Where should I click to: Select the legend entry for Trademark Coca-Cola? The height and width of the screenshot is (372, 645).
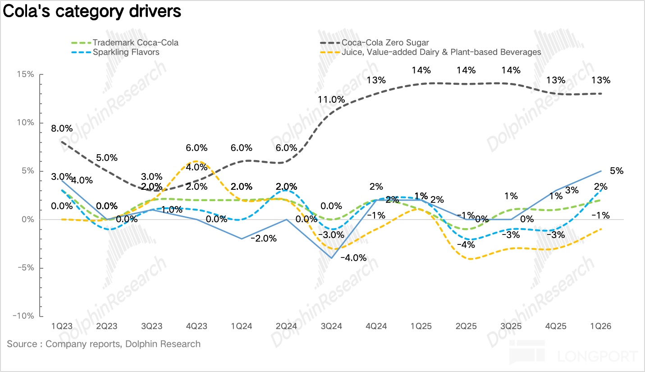click(135, 43)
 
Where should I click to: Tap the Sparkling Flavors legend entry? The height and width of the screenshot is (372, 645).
click(126, 52)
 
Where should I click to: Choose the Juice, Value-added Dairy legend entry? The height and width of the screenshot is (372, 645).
click(441, 52)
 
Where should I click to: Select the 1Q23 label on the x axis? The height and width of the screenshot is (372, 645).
click(61, 326)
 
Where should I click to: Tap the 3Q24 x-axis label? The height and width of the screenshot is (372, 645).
click(331, 326)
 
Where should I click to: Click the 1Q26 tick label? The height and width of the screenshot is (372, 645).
click(601, 326)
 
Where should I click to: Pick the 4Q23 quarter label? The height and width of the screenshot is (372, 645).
click(196, 326)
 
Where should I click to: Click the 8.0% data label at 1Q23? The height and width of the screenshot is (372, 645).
click(62, 128)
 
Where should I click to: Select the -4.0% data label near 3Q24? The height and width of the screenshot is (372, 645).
click(353, 258)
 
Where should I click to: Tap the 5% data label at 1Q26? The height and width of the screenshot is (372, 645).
click(617, 171)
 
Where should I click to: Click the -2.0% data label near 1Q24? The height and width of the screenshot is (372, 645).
click(263, 239)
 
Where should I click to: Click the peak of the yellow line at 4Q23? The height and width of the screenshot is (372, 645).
click(196, 161)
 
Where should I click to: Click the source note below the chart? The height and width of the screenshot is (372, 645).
click(104, 344)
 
